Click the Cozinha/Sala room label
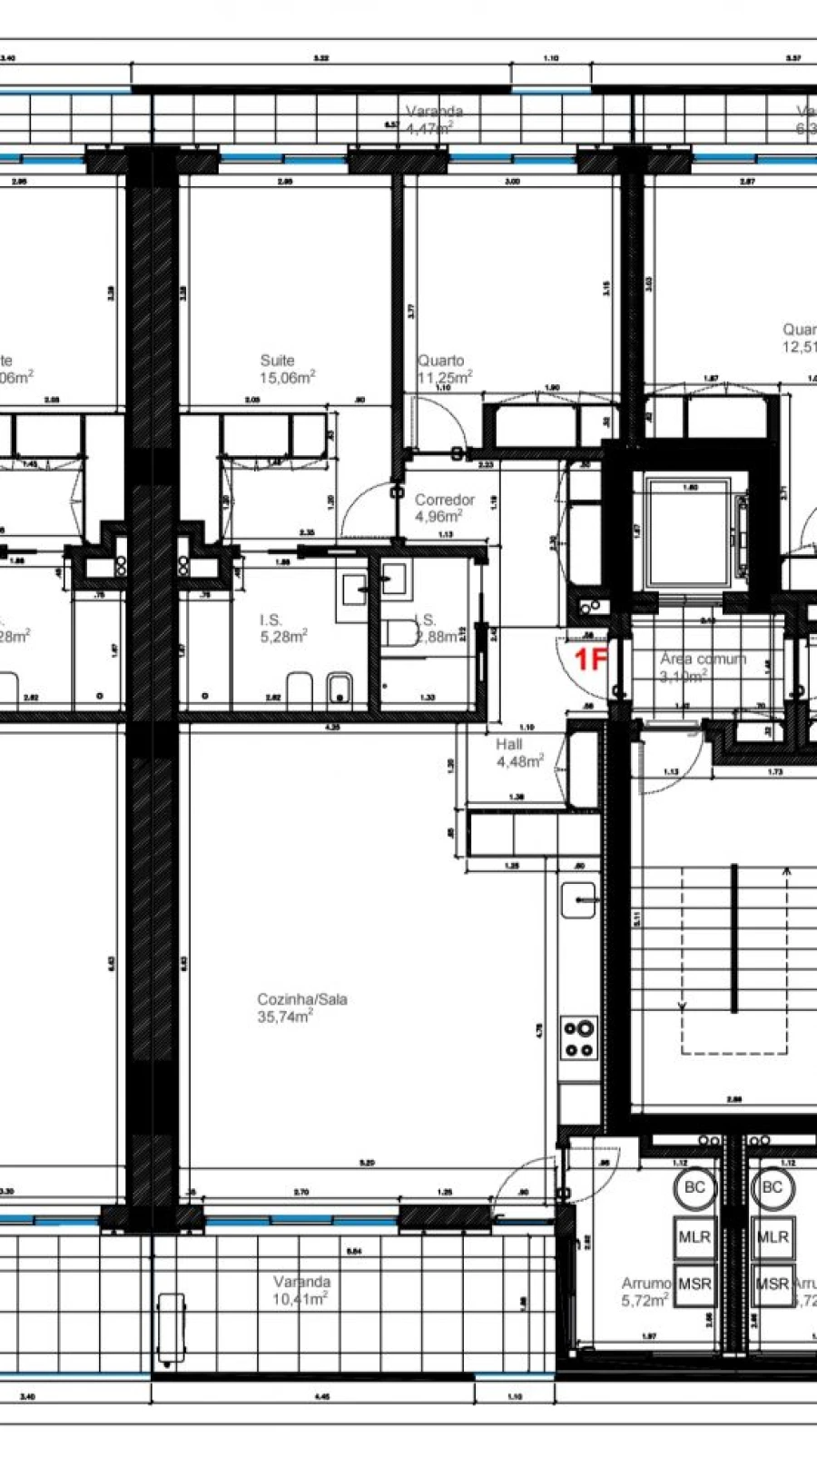(302, 999)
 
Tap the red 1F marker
(591, 660)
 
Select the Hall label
(509, 744)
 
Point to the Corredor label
(445, 500)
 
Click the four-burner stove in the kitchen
(579, 1038)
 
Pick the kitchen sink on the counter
(578, 899)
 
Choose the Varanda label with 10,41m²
(302, 1282)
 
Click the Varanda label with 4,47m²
(434, 112)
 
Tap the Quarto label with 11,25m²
(440, 361)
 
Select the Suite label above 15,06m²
(277, 361)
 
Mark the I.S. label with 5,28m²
(271, 620)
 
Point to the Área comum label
(703, 659)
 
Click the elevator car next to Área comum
(689, 531)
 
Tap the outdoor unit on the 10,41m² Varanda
(170, 1328)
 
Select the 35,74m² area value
(284, 1017)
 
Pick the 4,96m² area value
(439, 517)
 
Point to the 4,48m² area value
(519, 761)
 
